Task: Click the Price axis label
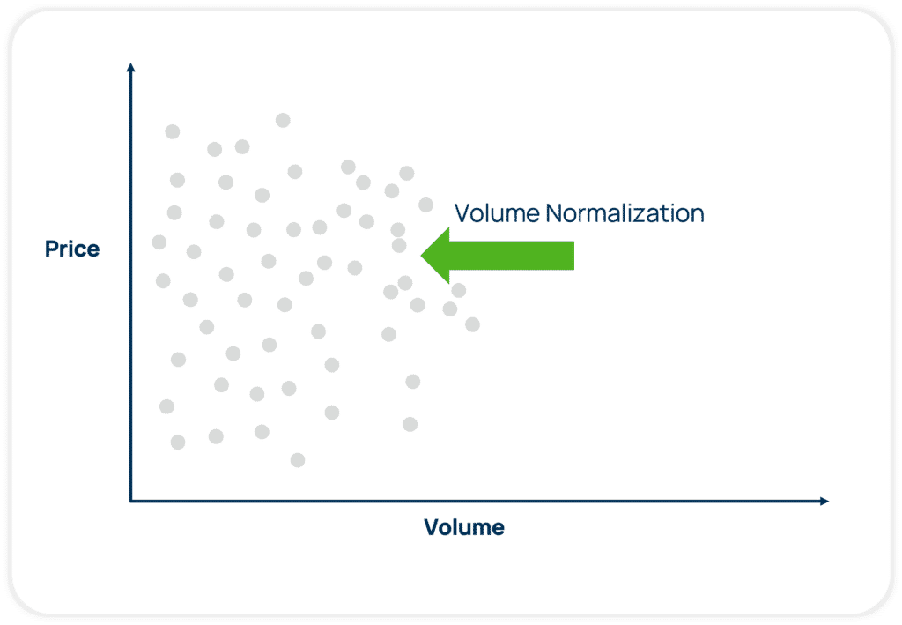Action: click(x=72, y=249)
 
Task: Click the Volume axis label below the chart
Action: click(x=464, y=528)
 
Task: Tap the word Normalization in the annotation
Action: click(x=625, y=213)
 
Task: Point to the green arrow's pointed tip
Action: click(x=423, y=256)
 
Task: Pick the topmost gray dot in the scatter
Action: click(x=283, y=120)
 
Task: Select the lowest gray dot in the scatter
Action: click(x=298, y=460)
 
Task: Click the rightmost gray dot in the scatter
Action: click(x=472, y=324)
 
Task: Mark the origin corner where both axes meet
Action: click(x=130, y=501)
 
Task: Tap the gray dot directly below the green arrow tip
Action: click(x=418, y=305)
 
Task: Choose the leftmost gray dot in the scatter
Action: click(x=159, y=242)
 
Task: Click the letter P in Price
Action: click(x=51, y=249)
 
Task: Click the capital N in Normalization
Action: click(x=553, y=213)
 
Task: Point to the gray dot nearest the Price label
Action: click(x=159, y=242)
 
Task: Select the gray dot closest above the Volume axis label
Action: click(x=410, y=424)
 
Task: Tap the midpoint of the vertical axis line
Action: click(x=130, y=284)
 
